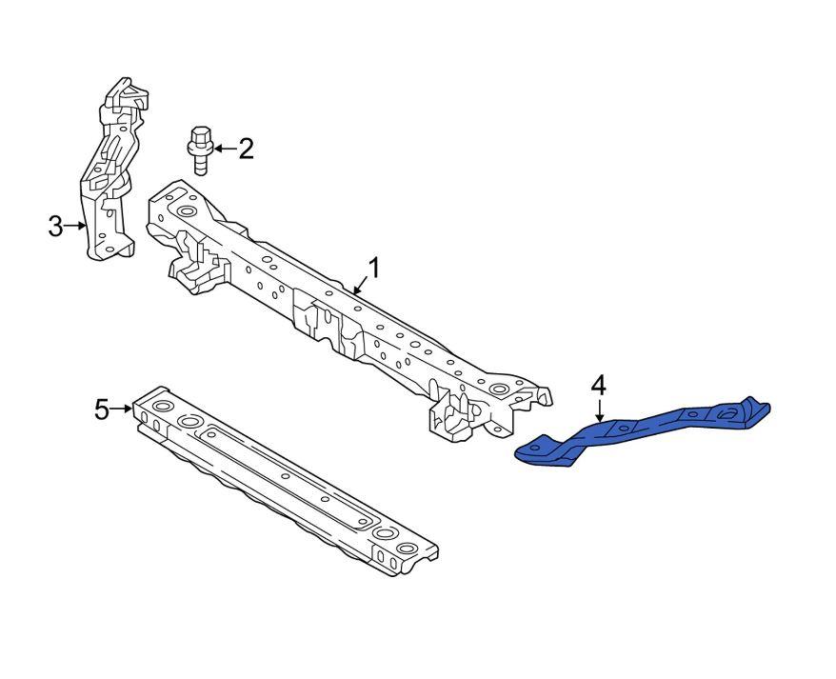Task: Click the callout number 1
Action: pyautogui.click(x=374, y=269)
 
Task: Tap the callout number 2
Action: pyautogui.click(x=246, y=149)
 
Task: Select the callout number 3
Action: pyautogui.click(x=55, y=226)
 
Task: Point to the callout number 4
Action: pyautogui.click(x=599, y=386)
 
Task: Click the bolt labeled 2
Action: pyautogui.click(x=200, y=150)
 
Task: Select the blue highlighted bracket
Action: pyautogui.click(x=643, y=432)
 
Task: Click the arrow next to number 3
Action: pyautogui.click(x=75, y=226)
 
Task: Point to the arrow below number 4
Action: pyautogui.click(x=600, y=410)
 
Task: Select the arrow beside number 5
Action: pyautogui.click(x=121, y=409)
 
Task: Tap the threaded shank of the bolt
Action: pyautogui.click(x=200, y=164)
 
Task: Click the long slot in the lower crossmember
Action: pyautogui.click(x=288, y=476)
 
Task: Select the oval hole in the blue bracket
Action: pyautogui.click(x=727, y=413)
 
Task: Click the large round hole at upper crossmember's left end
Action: pyautogui.click(x=188, y=212)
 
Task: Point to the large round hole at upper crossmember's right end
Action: pyautogui.click(x=499, y=389)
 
